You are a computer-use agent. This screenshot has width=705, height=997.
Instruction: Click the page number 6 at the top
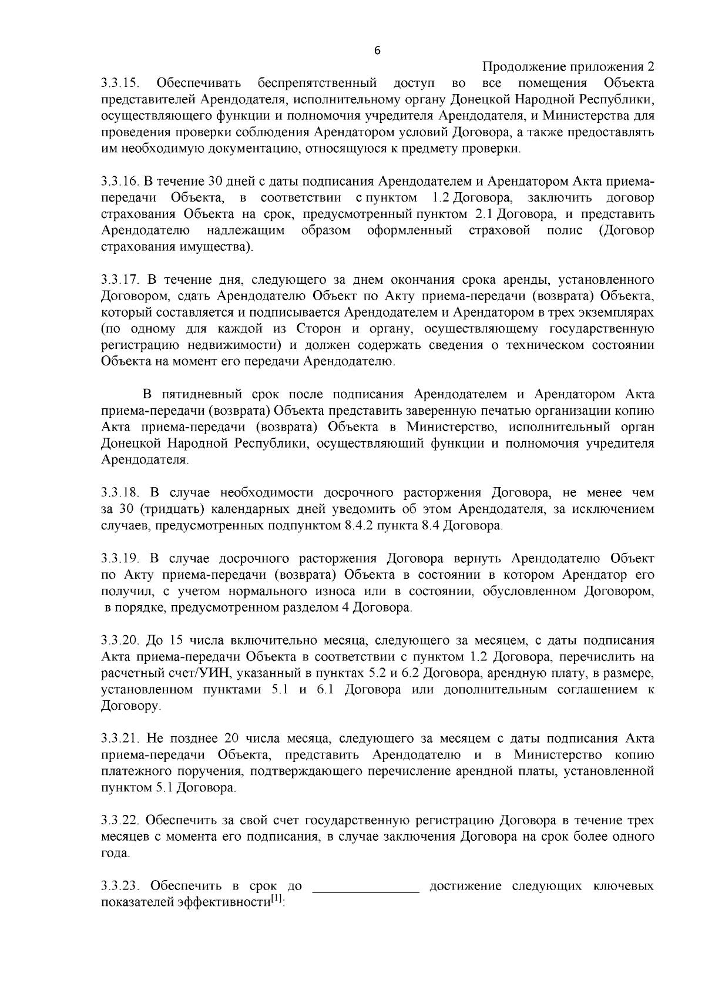pyautogui.click(x=377, y=51)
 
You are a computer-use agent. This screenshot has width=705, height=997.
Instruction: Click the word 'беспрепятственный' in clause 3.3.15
pyautogui.click(x=317, y=82)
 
